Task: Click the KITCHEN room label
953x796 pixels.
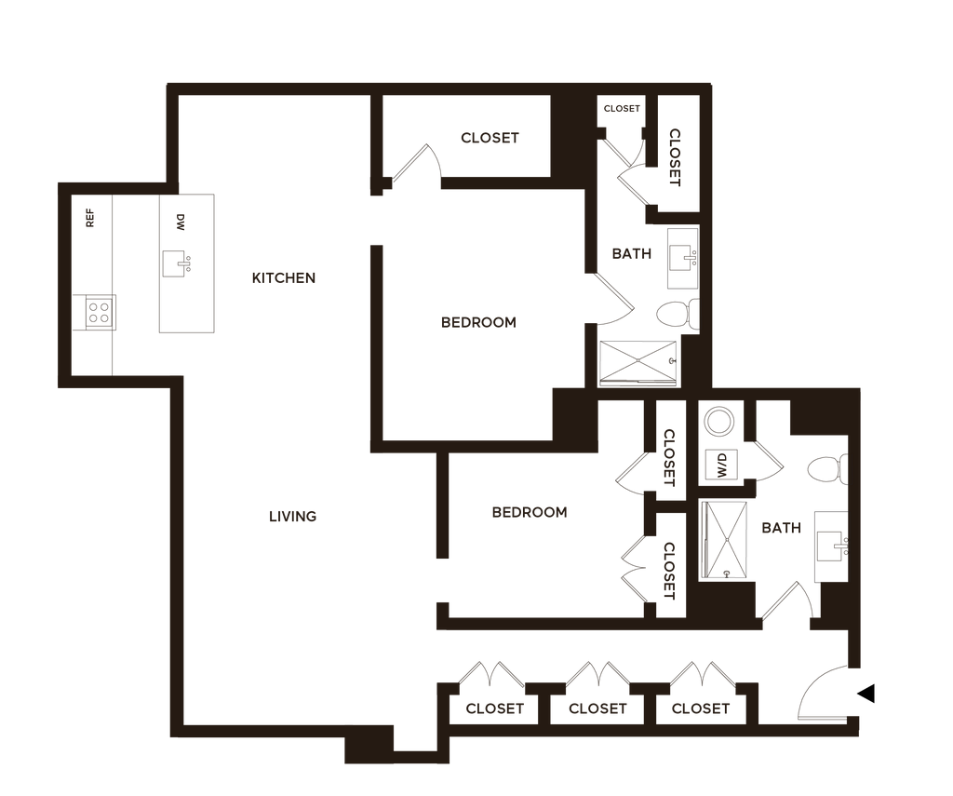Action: pyautogui.click(x=286, y=278)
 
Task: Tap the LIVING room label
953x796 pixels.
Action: pyautogui.click(x=293, y=516)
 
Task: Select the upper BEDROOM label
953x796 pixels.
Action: pyautogui.click(x=478, y=323)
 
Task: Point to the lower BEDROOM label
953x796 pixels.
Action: pyautogui.click(x=529, y=512)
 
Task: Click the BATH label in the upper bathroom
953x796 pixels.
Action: pyautogui.click(x=631, y=253)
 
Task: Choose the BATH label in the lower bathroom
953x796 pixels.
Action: pyautogui.click(x=782, y=529)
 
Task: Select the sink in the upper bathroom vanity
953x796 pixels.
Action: pyautogui.click(x=684, y=256)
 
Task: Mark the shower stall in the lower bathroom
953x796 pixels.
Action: pyautogui.click(x=722, y=540)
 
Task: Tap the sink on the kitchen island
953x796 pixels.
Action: pyautogui.click(x=177, y=264)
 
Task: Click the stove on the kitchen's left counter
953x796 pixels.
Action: pyautogui.click(x=97, y=313)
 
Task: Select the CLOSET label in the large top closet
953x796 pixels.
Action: pyautogui.click(x=490, y=139)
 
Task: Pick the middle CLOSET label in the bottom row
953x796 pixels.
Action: pyautogui.click(x=597, y=709)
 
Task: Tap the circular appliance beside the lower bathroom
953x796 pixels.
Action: pyautogui.click(x=718, y=422)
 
